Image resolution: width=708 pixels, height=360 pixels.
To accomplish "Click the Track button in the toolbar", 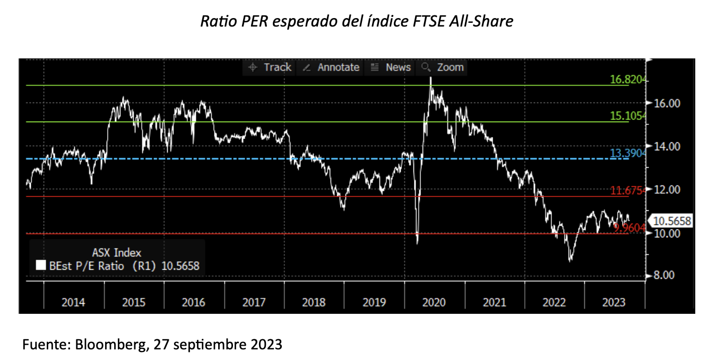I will (271, 67).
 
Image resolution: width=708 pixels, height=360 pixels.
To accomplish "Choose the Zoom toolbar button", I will (443, 67).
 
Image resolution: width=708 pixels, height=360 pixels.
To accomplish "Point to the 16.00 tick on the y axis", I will (666, 103).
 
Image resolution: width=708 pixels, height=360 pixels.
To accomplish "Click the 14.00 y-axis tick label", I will (666, 146).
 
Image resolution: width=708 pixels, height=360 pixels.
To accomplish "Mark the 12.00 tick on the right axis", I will (666, 190).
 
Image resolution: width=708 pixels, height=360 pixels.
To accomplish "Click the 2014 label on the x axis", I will (73, 302).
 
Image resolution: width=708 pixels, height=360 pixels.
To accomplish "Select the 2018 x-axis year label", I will (314, 302).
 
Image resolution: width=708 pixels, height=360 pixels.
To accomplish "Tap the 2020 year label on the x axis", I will (434, 302).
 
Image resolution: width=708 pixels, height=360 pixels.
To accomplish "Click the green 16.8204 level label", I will (627, 80).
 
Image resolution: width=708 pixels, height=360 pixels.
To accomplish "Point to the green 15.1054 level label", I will (627, 116).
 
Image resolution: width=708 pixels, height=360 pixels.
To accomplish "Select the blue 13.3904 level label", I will (627, 153).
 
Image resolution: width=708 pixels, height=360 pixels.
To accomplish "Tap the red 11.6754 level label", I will (627, 191).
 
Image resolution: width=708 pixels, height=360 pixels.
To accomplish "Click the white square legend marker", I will (40, 266).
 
